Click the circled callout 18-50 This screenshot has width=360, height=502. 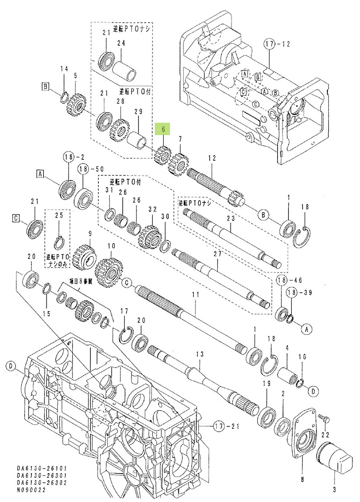[x=87, y=169]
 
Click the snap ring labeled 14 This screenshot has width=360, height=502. [x=64, y=95]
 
